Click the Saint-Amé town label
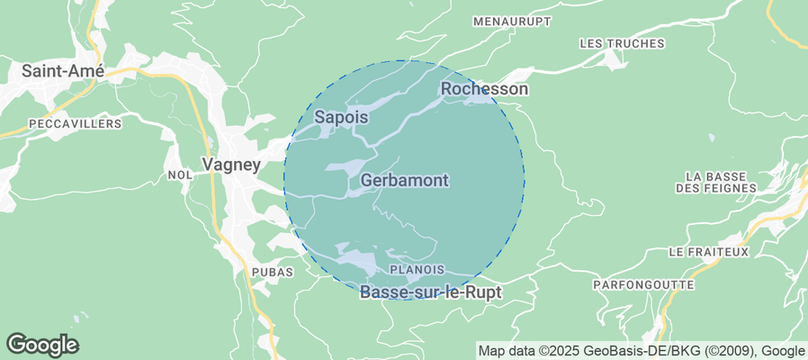(64, 70)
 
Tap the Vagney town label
(231, 165)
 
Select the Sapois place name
(342, 117)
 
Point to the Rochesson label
(483, 89)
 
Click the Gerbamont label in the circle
(404, 181)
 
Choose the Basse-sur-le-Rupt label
(430, 292)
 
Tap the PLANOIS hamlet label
(417, 269)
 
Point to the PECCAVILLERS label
(75, 123)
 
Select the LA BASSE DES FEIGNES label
(718, 182)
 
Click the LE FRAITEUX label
(709, 252)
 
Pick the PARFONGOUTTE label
(643, 284)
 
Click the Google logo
(42, 345)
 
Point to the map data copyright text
(642, 351)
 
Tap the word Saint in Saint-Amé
(43, 70)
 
